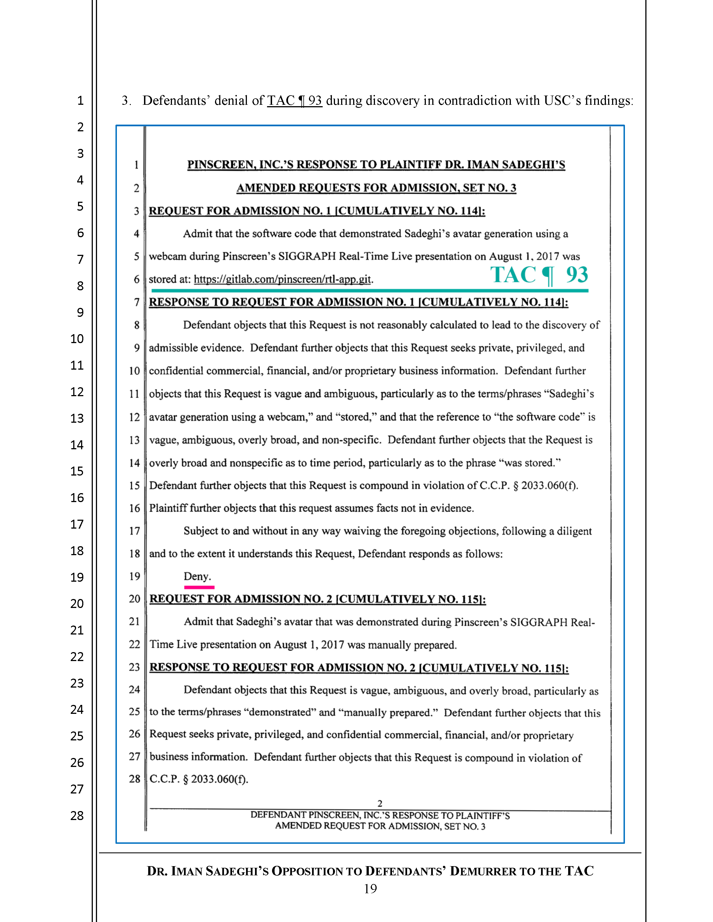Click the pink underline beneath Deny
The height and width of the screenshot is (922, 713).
[199, 587]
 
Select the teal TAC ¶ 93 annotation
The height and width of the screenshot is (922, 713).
[539, 275]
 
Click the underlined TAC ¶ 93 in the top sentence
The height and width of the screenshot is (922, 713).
[294, 101]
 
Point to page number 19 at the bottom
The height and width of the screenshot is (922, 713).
[370, 889]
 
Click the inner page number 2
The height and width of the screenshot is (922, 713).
[380, 803]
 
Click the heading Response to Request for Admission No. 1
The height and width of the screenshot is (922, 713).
[358, 302]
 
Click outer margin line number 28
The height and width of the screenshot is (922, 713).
[77, 816]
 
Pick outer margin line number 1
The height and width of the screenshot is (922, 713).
[80, 101]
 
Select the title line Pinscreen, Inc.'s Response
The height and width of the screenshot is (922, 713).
[376, 165]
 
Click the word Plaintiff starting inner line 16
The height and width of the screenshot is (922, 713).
[168, 508]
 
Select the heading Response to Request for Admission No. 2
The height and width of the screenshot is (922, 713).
[359, 667]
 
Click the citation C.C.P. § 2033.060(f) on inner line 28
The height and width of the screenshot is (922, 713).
[199, 779]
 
